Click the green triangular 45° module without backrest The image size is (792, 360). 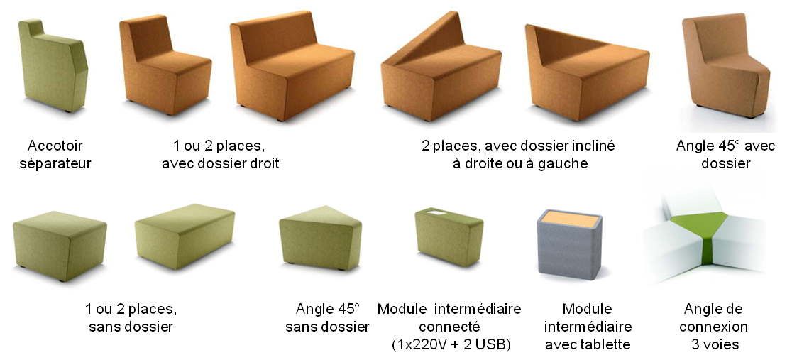(320, 238)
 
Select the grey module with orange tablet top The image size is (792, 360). (570, 245)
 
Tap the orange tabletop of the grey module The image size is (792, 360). (570, 219)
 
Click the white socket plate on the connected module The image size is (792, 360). (435, 212)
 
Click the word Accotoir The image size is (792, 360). (55, 146)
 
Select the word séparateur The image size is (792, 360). (55, 163)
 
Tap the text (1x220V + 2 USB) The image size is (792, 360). (450, 344)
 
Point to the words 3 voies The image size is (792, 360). (715, 344)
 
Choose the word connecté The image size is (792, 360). (450, 327)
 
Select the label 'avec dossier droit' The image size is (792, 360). (220, 163)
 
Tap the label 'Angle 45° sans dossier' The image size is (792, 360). (327, 318)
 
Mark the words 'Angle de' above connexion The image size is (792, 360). (713, 309)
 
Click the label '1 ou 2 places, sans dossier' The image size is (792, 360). (131, 318)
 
